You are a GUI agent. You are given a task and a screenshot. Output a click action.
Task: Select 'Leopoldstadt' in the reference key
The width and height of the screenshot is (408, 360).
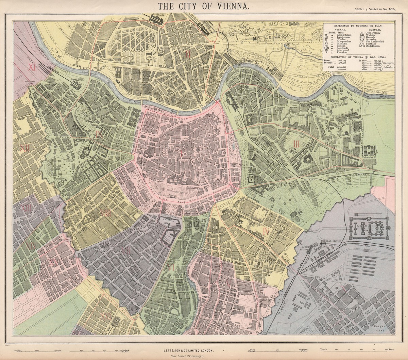tap(341, 35)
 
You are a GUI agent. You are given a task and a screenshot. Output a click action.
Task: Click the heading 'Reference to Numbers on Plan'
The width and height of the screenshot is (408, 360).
tap(358, 26)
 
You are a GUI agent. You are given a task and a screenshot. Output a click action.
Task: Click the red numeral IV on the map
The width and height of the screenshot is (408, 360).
tap(266, 232)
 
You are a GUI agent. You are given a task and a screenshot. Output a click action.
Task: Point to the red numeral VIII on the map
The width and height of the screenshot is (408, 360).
tap(106, 213)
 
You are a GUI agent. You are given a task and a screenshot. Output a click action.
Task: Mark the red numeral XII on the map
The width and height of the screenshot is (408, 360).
tap(24, 148)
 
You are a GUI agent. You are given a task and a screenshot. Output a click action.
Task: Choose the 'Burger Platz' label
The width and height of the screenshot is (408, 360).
tap(379, 327)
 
